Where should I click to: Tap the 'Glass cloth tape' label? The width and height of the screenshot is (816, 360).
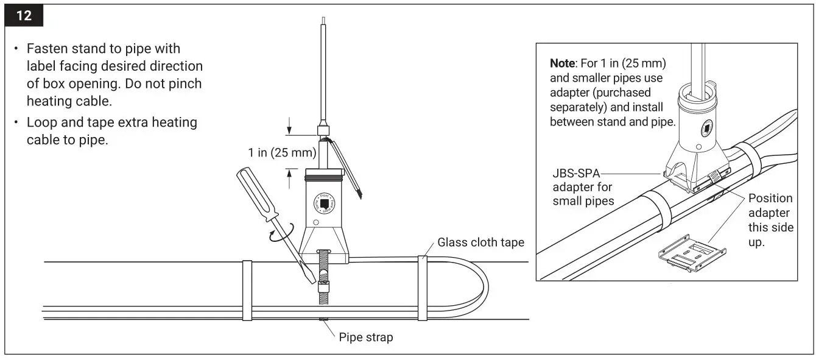(x=480, y=242)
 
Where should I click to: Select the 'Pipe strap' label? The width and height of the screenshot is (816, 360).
(x=365, y=337)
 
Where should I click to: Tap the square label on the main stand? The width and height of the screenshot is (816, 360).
(x=325, y=203)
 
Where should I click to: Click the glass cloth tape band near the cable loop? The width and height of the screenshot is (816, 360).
(x=422, y=288)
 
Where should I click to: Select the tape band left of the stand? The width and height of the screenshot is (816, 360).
(x=247, y=290)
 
